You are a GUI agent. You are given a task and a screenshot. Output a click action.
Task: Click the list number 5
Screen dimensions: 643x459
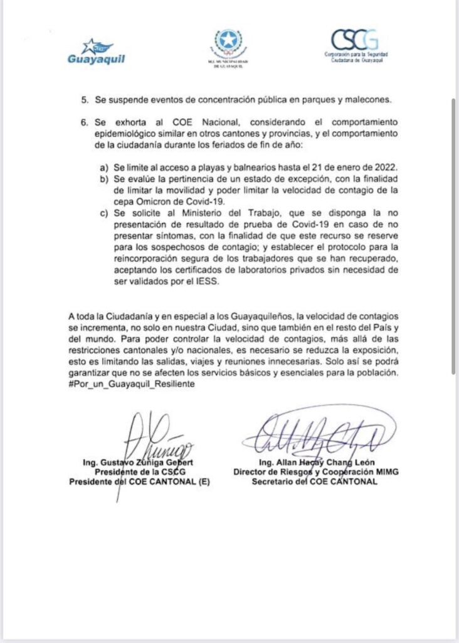(84, 100)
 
